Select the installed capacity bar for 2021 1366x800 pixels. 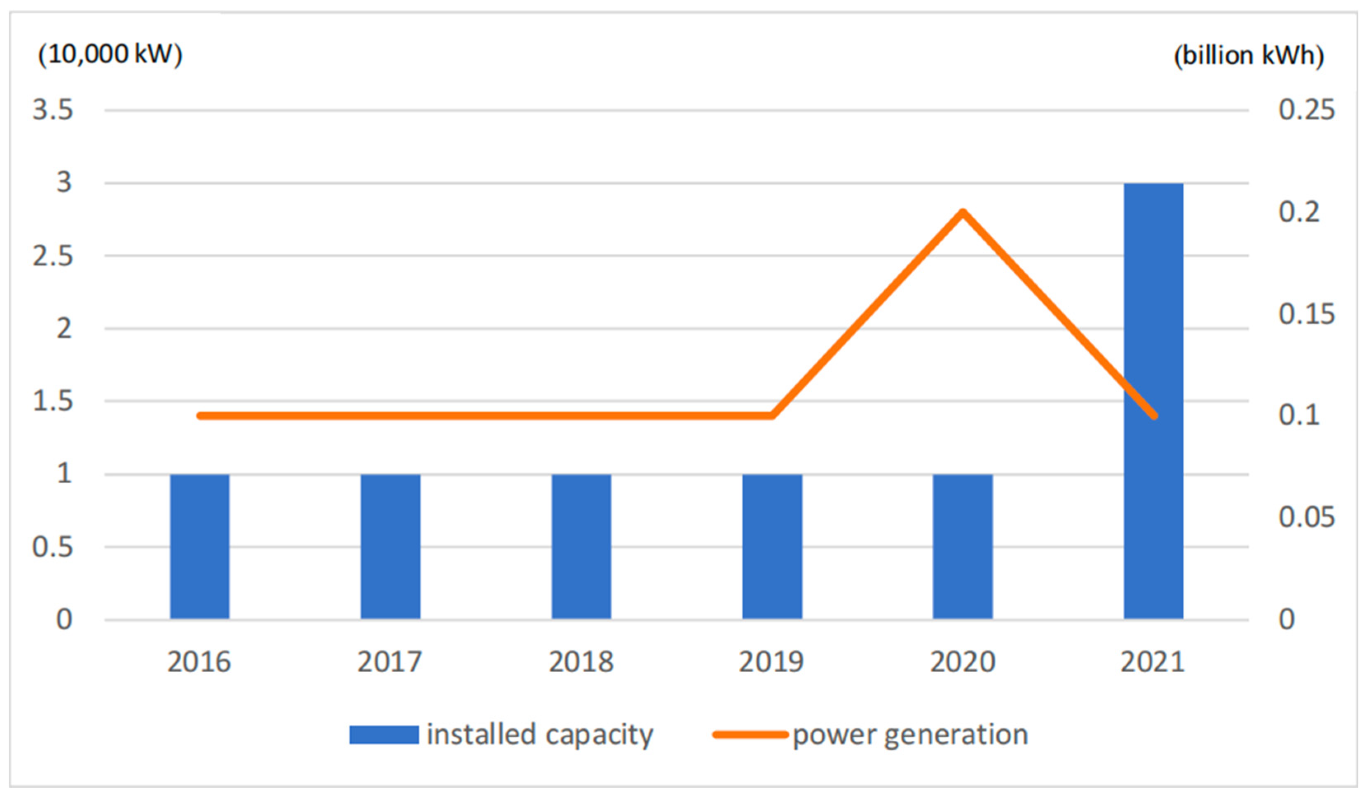point(1153,401)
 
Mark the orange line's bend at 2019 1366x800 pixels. point(771,416)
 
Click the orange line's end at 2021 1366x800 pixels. point(1154,416)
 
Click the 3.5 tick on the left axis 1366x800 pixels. point(53,110)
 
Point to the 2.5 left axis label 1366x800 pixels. point(53,256)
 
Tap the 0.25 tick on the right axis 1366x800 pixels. point(1306,110)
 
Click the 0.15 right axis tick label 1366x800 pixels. point(1306,314)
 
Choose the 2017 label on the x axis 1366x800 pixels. point(389,662)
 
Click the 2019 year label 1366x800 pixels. point(771,662)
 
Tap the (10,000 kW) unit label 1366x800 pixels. point(110,54)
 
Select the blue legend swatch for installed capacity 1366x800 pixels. point(384,735)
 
